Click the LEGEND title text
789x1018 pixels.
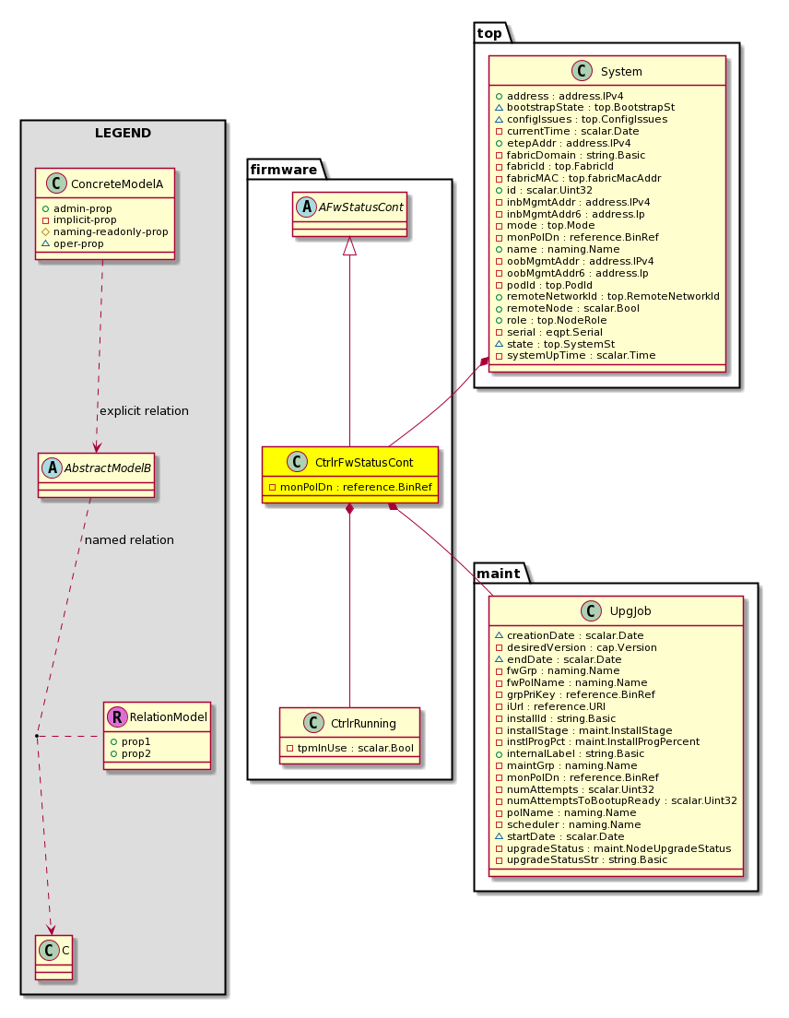click(123, 133)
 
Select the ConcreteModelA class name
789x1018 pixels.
click(117, 184)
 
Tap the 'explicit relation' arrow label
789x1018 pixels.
click(144, 411)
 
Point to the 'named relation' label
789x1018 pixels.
click(129, 540)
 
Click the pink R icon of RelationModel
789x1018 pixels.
click(117, 716)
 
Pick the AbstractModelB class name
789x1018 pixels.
click(108, 468)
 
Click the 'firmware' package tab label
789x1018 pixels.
click(284, 170)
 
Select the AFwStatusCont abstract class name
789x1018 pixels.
click(360, 207)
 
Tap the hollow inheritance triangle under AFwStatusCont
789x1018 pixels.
click(349, 246)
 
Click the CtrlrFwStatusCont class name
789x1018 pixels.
click(364, 463)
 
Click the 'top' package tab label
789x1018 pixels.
click(489, 34)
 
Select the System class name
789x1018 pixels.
click(621, 72)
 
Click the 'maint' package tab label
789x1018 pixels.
click(499, 574)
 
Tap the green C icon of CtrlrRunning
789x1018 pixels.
click(313, 723)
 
